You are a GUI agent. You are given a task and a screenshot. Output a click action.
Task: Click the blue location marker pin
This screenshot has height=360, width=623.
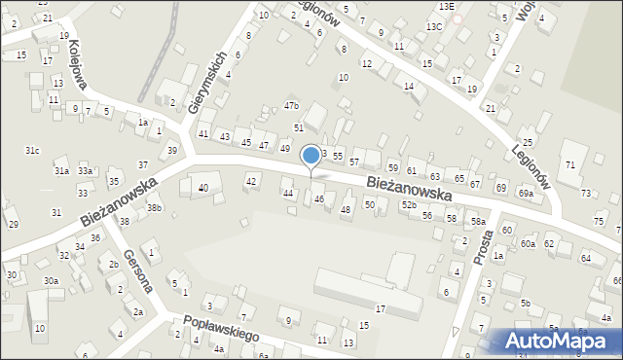311,156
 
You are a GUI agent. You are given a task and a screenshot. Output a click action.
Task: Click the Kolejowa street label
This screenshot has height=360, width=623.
79,65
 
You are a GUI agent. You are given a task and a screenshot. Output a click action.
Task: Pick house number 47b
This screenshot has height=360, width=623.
291,105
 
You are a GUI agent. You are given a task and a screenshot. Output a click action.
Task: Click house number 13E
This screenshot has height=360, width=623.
445,7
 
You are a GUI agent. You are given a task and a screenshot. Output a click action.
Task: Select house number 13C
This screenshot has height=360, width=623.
433,26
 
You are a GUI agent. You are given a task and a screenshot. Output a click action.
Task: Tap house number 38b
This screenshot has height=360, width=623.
154,207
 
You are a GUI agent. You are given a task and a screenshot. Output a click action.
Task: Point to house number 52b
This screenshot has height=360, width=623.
409,204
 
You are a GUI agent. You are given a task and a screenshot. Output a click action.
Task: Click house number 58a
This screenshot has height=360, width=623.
478,222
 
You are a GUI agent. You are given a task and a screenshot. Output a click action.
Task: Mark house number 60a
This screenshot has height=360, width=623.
528,243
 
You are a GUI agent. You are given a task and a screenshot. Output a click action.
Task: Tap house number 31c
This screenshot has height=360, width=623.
32,150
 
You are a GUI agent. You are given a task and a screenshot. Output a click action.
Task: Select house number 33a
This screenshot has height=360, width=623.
86,171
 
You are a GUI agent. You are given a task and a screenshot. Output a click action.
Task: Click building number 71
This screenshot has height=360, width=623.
570,164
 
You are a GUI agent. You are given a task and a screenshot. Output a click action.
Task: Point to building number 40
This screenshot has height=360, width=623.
202,188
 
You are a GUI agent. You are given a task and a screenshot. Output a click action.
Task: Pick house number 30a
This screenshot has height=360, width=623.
51,281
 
